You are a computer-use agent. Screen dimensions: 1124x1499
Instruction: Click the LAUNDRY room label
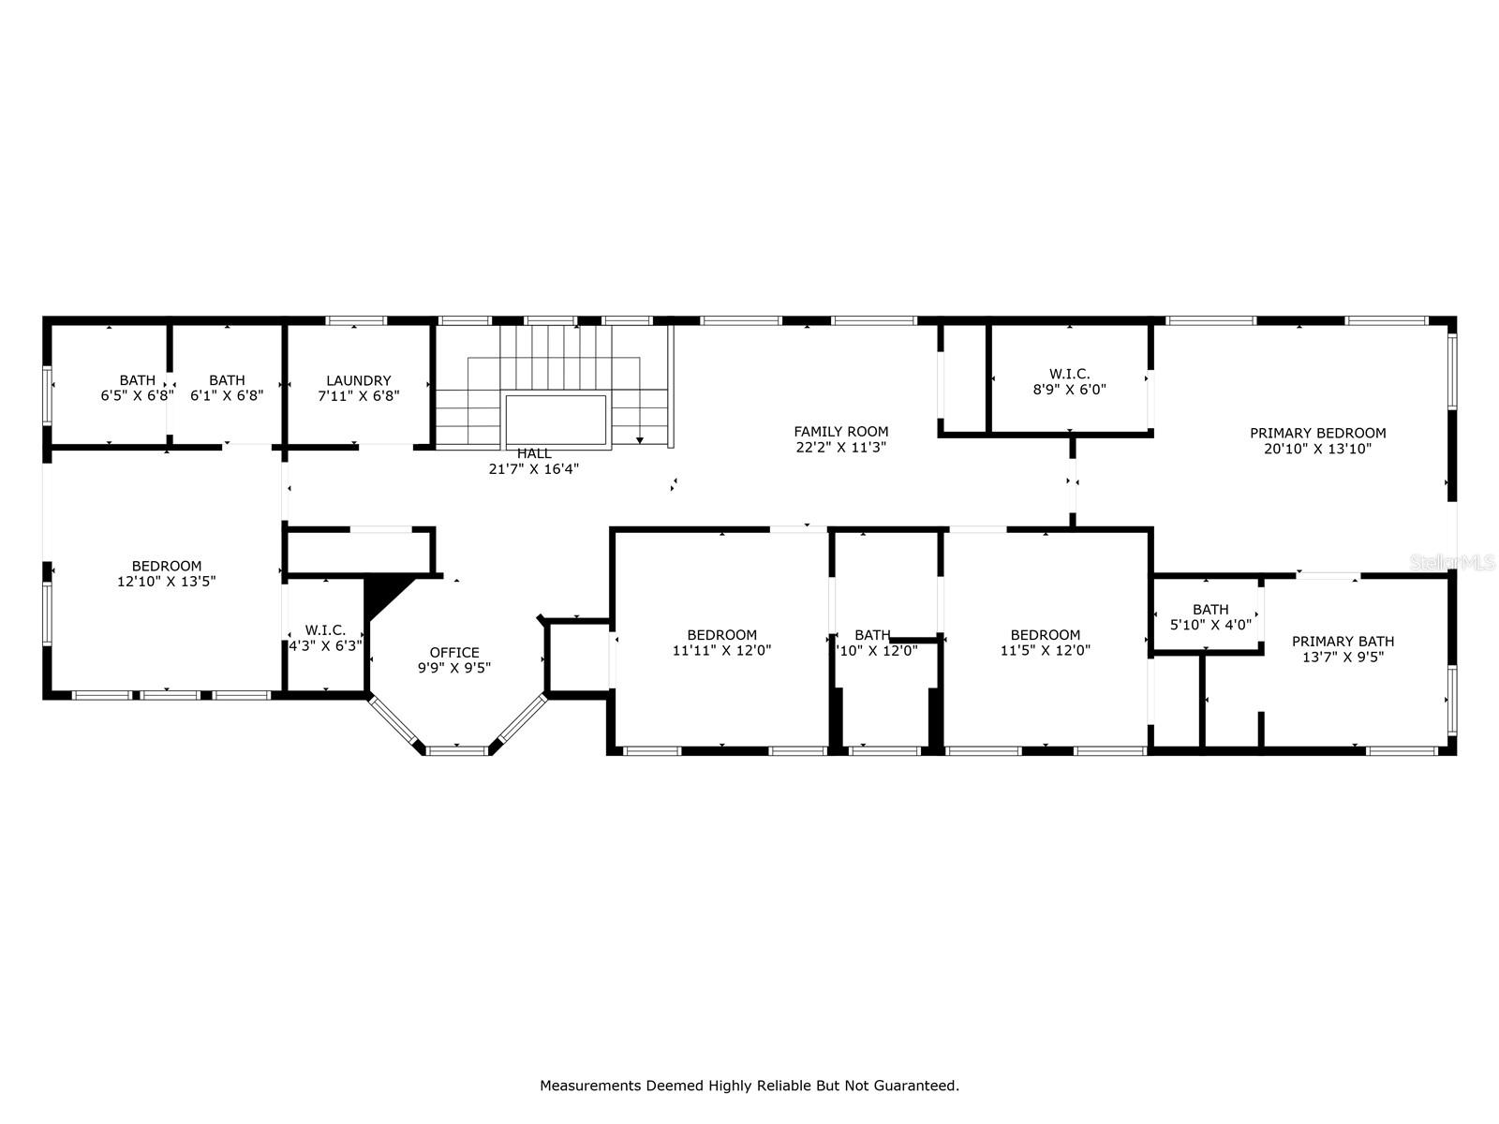pos(359,380)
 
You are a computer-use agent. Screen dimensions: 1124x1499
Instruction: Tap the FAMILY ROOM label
pos(841,432)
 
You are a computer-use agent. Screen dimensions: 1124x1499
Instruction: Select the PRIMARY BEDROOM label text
pos(1317,433)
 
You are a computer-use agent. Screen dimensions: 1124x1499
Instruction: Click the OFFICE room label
pos(454,653)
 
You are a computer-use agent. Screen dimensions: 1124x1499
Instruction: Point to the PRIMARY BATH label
pos(1343,642)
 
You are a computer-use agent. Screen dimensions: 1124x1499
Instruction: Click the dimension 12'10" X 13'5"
pos(167,582)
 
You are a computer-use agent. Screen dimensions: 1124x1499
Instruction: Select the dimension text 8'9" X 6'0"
pos(1069,390)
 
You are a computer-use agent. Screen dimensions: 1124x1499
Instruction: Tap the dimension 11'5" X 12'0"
pos(1046,650)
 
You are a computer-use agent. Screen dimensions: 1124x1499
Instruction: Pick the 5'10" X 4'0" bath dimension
pos(1210,625)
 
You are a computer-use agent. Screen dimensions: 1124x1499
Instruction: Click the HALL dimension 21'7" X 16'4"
pos(534,469)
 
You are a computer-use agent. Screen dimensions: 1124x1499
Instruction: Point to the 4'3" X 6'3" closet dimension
pos(325,646)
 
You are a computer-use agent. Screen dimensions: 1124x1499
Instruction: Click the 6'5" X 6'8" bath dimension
pos(138,396)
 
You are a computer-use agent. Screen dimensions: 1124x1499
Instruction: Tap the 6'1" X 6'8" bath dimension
pos(227,396)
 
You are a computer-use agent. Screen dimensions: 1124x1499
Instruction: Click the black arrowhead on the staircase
pos(640,439)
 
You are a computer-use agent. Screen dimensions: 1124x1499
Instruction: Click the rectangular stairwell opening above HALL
pos(557,421)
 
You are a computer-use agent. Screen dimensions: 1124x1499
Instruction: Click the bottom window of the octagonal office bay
pos(456,749)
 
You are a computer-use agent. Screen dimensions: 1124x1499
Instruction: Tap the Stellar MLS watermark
pos(1453,562)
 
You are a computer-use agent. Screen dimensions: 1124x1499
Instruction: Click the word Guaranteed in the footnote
pos(919,1087)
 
